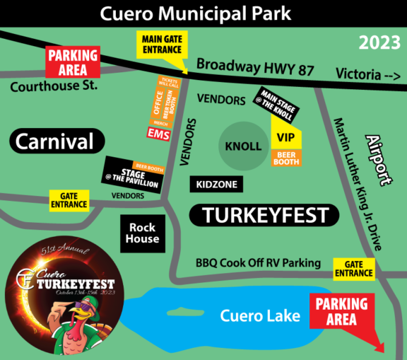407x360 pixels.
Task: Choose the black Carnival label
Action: (54, 141)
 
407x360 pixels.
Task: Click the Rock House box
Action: (143, 233)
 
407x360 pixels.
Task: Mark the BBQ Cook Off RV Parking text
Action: (258, 263)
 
